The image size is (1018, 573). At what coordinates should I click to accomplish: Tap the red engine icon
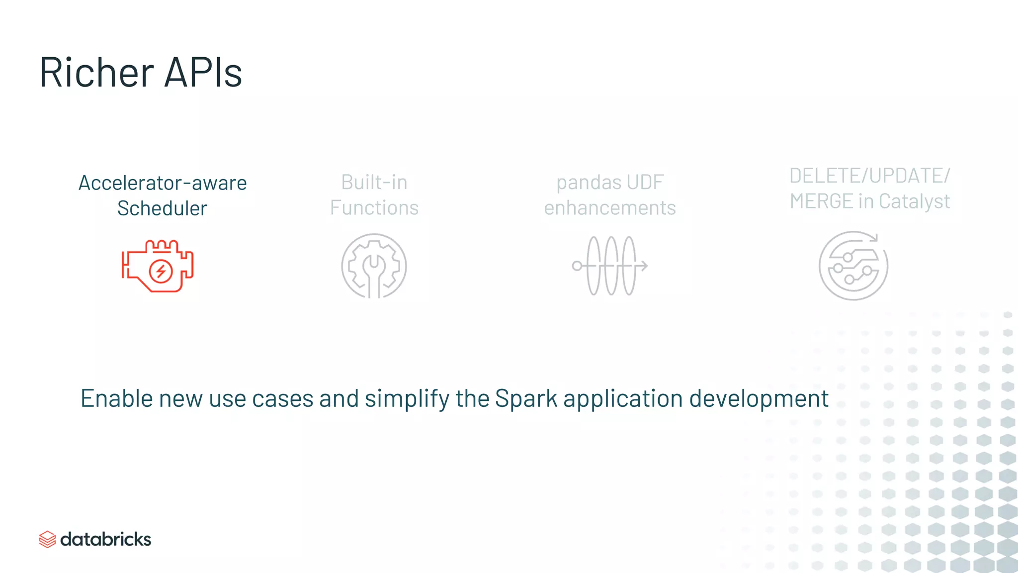coord(158,266)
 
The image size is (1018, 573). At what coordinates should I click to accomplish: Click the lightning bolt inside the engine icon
coord(161,271)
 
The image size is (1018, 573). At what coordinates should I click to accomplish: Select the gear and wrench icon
coord(374,266)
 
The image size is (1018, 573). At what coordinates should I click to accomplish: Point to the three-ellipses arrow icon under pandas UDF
coord(610,266)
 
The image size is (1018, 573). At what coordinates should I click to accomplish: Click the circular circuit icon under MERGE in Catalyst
coord(853,266)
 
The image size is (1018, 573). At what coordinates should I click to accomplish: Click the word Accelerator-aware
coord(163,183)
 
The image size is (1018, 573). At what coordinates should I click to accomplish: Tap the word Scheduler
coord(162,208)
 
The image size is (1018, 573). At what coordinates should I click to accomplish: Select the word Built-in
coord(374,182)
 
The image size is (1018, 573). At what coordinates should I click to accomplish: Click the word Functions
coord(374,208)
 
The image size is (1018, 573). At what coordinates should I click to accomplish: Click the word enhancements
coord(610,208)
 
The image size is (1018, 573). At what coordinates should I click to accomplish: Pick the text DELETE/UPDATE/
coord(869,176)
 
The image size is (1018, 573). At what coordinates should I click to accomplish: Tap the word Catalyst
coord(914,201)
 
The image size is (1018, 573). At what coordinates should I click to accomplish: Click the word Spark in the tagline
coord(526,399)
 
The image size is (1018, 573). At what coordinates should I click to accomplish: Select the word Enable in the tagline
coord(116,399)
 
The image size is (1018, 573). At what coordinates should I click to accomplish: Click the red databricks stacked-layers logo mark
coord(47,539)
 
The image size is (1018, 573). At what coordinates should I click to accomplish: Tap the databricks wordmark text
coord(105,539)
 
